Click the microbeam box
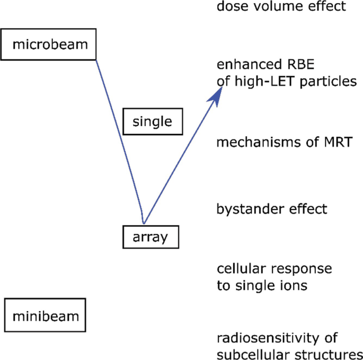(x=49, y=44)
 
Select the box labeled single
(x=152, y=122)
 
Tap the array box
(x=150, y=237)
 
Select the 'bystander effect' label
(x=272, y=209)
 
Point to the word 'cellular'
(x=239, y=269)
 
